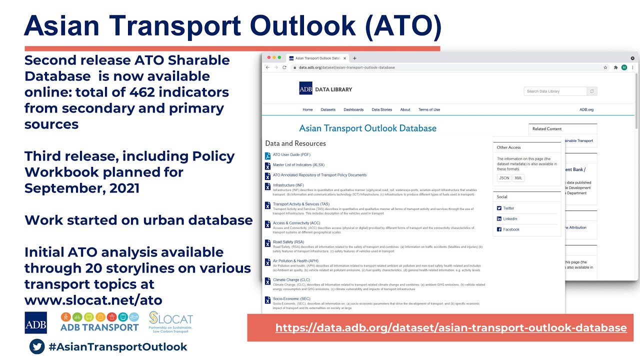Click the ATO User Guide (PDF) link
point(291,155)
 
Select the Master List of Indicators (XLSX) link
point(298,165)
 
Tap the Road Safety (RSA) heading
point(288,242)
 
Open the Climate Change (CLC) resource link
point(291,280)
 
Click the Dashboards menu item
point(353,109)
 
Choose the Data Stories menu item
point(382,109)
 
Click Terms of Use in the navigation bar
point(429,109)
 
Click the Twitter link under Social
point(508,208)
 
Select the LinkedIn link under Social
point(510,219)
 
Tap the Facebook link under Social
point(511,229)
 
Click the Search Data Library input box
point(555,91)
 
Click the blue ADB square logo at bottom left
point(35,322)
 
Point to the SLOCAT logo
point(170,322)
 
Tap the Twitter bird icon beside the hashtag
point(37,346)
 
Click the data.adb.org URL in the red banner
point(450,328)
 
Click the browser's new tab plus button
point(355,58)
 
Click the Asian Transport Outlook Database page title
point(367,128)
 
